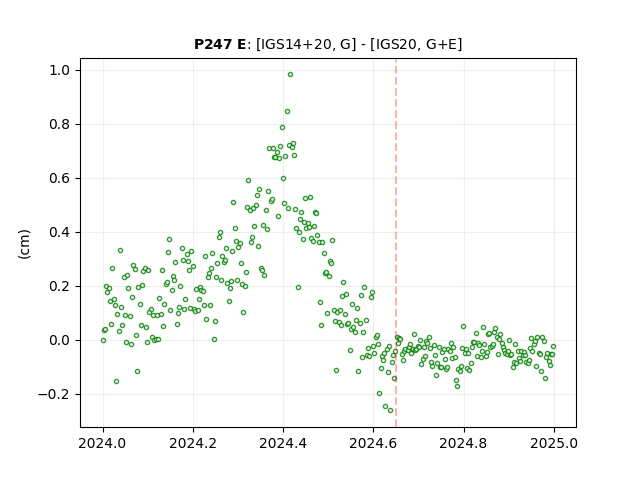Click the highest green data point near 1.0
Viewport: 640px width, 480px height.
pyautogui.click(x=290, y=75)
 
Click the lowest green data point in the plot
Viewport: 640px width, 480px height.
pyautogui.click(x=390, y=411)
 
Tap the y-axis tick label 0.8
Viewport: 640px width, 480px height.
pyautogui.click(x=59, y=124)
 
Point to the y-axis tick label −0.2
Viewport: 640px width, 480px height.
pyautogui.click(x=54, y=395)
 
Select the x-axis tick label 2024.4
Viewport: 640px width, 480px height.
pyautogui.click(x=283, y=443)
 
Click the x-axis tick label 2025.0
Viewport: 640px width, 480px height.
pyautogui.click(x=554, y=443)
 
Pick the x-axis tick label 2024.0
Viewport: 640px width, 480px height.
pyautogui.click(x=103, y=443)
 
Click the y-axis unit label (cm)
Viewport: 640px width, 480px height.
pyautogui.click(x=24, y=244)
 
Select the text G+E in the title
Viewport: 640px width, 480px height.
pyautogui.click(x=441, y=44)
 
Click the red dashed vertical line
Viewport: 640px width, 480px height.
pyautogui.click(x=396, y=243)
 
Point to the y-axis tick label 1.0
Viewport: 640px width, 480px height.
pyautogui.click(x=59, y=71)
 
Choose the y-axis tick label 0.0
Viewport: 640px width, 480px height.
pyautogui.click(x=59, y=340)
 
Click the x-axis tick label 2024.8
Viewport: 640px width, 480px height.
pyautogui.click(x=464, y=443)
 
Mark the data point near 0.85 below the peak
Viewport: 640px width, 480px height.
pyautogui.click(x=287, y=111)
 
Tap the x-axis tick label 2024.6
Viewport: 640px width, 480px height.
pyautogui.click(x=373, y=443)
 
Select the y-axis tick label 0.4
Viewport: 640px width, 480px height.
pyautogui.click(x=59, y=233)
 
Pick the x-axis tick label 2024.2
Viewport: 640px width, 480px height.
pyautogui.click(x=193, y=443)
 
